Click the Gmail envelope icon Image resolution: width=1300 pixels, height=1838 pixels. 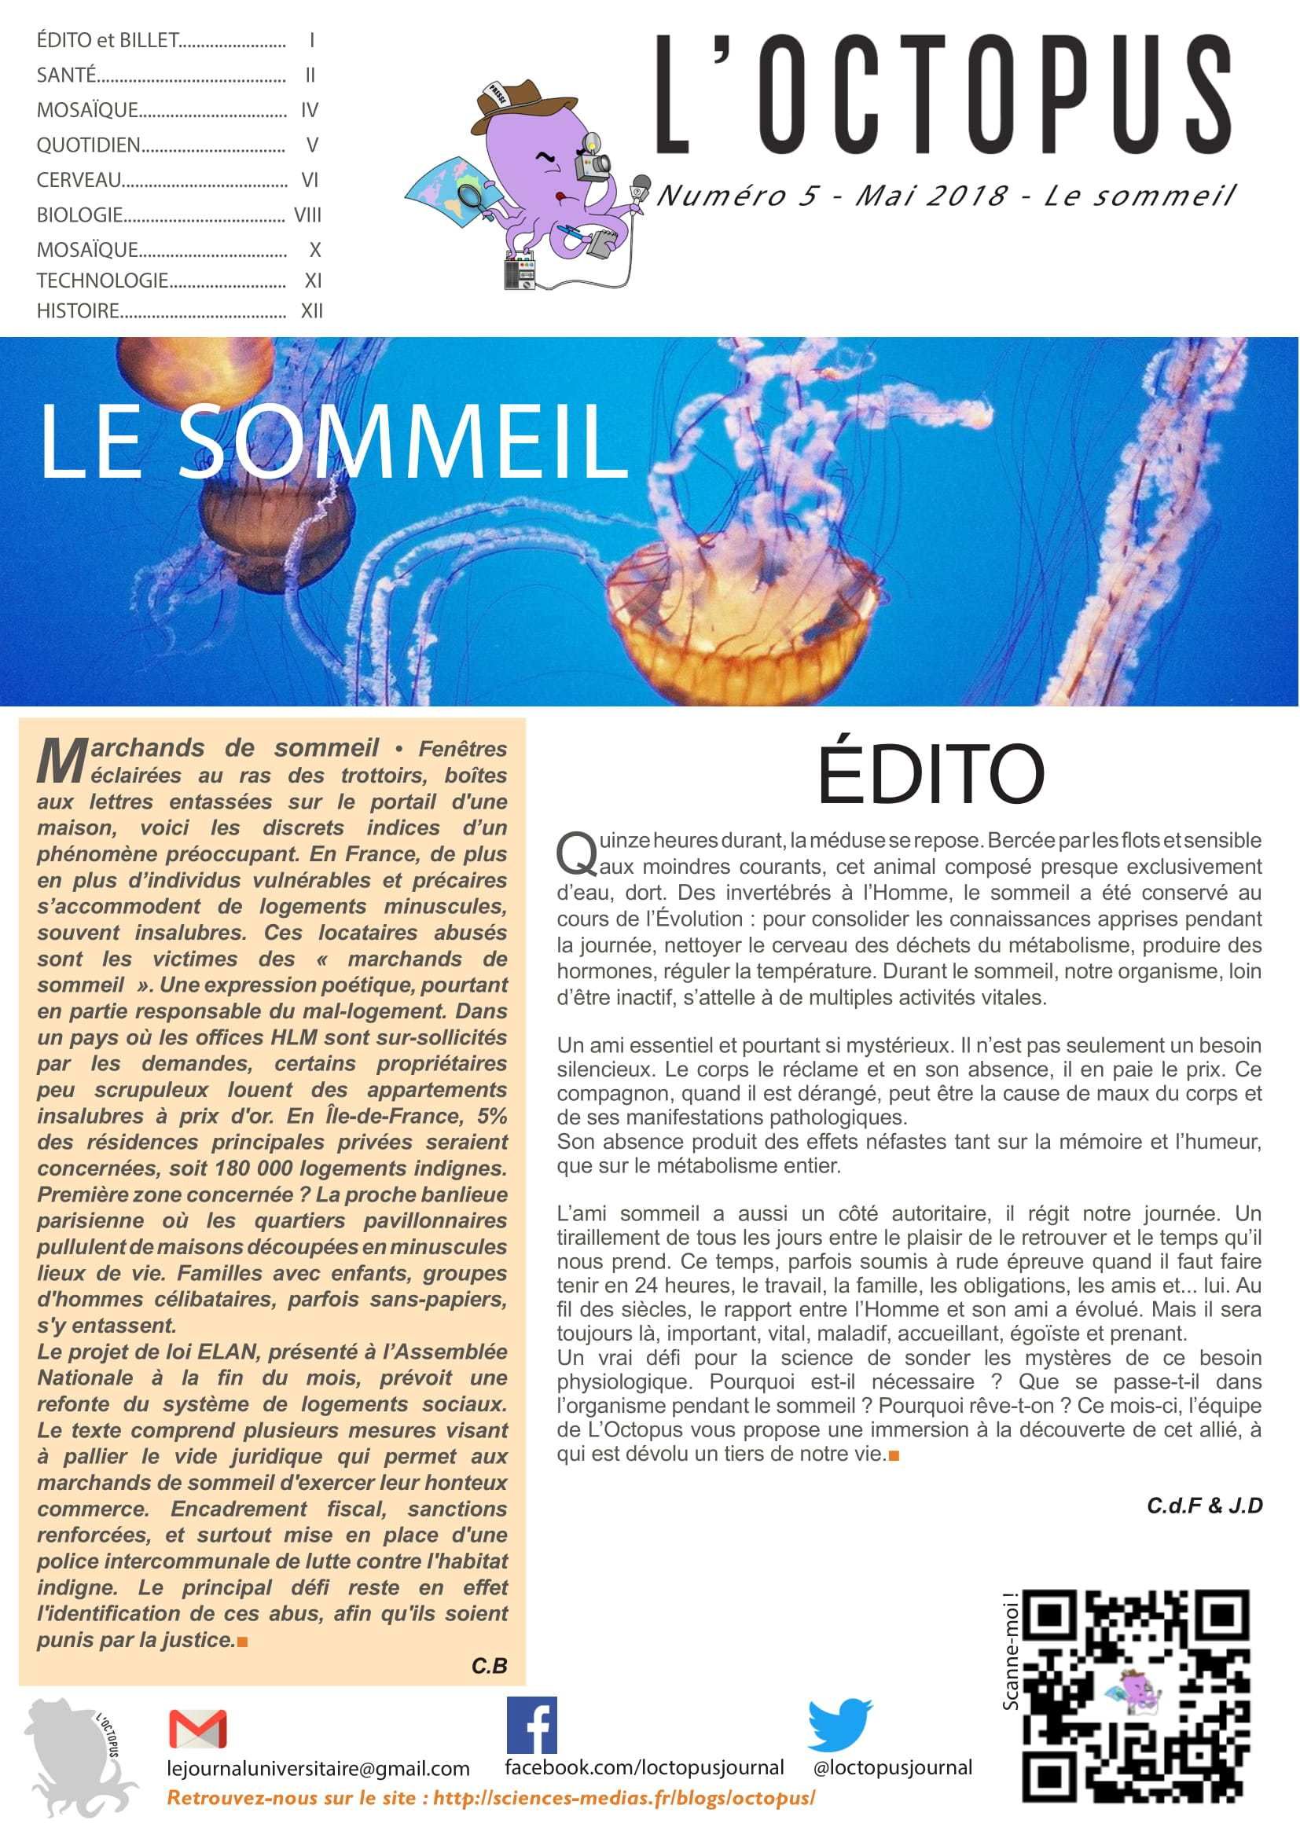pyautogui.click(x=198, y=1728)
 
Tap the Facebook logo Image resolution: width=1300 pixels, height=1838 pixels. pyautogui.click(x=531, y=1726)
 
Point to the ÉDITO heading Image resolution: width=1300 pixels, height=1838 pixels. pyautogui.click(x=931, y=774)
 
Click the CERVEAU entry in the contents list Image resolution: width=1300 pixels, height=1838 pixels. pyautogui.click(x=79, y=180)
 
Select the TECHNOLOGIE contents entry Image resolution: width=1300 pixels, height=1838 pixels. pyautogui.click(x=102, y=281)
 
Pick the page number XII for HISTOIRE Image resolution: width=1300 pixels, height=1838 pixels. pyautogui.click(x=311, y=310)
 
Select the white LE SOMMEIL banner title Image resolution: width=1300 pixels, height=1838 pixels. pyautogui.click(x=333, y=442)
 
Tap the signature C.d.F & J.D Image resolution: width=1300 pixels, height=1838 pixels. pyautogui.click(x=1204, y=1505)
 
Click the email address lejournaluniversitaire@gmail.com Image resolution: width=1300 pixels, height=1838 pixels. pyautogui.click(x=318, y=1768)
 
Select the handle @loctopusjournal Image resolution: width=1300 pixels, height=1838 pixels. pyautogui.click(x=893, y=1766)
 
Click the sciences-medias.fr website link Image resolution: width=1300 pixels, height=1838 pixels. pyautogui.click(x=624, y=1797)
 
